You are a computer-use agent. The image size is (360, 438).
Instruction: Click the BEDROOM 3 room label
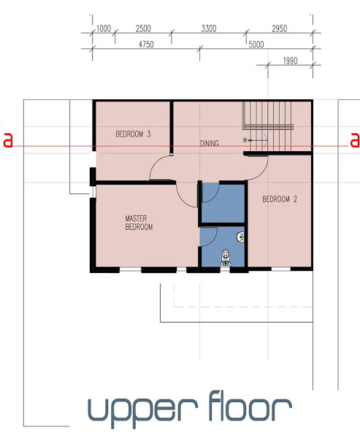click(x=133, y=134)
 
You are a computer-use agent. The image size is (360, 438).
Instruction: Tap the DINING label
click(x=209, y=143)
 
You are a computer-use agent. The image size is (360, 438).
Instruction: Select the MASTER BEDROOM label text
click(x=139, y=223)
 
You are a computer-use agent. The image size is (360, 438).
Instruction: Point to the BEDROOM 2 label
click(x=280, y=199)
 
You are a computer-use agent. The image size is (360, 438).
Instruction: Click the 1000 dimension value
click(x=104, y=28)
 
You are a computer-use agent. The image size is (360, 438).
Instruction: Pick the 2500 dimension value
click(x=143, y=28)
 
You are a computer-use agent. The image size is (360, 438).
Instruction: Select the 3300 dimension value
click(x=209, y=28)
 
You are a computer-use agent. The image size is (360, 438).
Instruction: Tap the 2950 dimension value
click(x=279, y=28)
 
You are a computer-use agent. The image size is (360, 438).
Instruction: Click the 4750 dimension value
click(x=146, y=45)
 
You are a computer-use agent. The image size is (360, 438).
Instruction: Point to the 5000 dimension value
click(x=256, y=45)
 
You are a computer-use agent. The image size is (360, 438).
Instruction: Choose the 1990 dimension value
click(x=290, y=61)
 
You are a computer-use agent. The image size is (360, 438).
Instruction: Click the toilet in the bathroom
click(x=226, y=258)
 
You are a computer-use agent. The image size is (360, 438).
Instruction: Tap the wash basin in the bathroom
click(x=241, y=237)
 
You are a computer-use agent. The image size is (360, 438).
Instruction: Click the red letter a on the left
click(x=8, y=140)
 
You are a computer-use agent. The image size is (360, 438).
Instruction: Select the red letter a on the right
click(x=355, y=140)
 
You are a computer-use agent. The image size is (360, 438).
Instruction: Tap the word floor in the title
click(x=250, y=406)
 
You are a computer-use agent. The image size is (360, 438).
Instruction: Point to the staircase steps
click(x=268, y=126)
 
